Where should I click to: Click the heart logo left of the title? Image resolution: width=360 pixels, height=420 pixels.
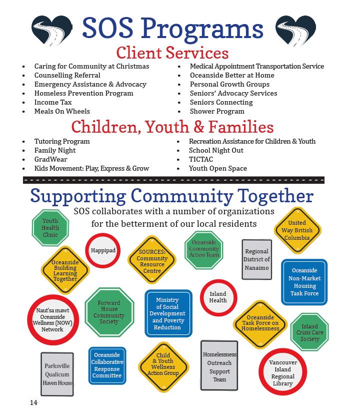pos(51,30)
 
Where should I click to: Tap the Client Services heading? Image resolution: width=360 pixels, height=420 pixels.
pos(172,53)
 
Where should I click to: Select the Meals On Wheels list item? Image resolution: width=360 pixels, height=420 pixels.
pos(62,111)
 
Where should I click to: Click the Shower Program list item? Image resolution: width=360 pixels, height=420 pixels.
pos(217,111)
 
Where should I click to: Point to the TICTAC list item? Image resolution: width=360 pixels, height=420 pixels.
pos(201,159)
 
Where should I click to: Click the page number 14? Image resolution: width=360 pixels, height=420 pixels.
pos(33,402)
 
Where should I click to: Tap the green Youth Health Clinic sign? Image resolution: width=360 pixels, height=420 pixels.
pos(50,228)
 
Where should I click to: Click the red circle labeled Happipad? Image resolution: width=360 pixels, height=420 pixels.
pos(103,250)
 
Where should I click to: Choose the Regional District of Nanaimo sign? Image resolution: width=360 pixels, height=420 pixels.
pos(256,259)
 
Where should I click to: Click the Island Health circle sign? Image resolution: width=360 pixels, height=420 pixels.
pos(218,297)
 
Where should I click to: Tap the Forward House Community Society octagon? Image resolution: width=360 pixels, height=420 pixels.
pos(109,312)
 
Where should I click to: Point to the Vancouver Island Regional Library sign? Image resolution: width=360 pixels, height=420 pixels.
pos(282,373)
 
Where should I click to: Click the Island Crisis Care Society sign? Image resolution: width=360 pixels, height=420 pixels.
pos(309,333)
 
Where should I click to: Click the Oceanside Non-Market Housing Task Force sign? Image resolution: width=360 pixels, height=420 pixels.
pos(304,282)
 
